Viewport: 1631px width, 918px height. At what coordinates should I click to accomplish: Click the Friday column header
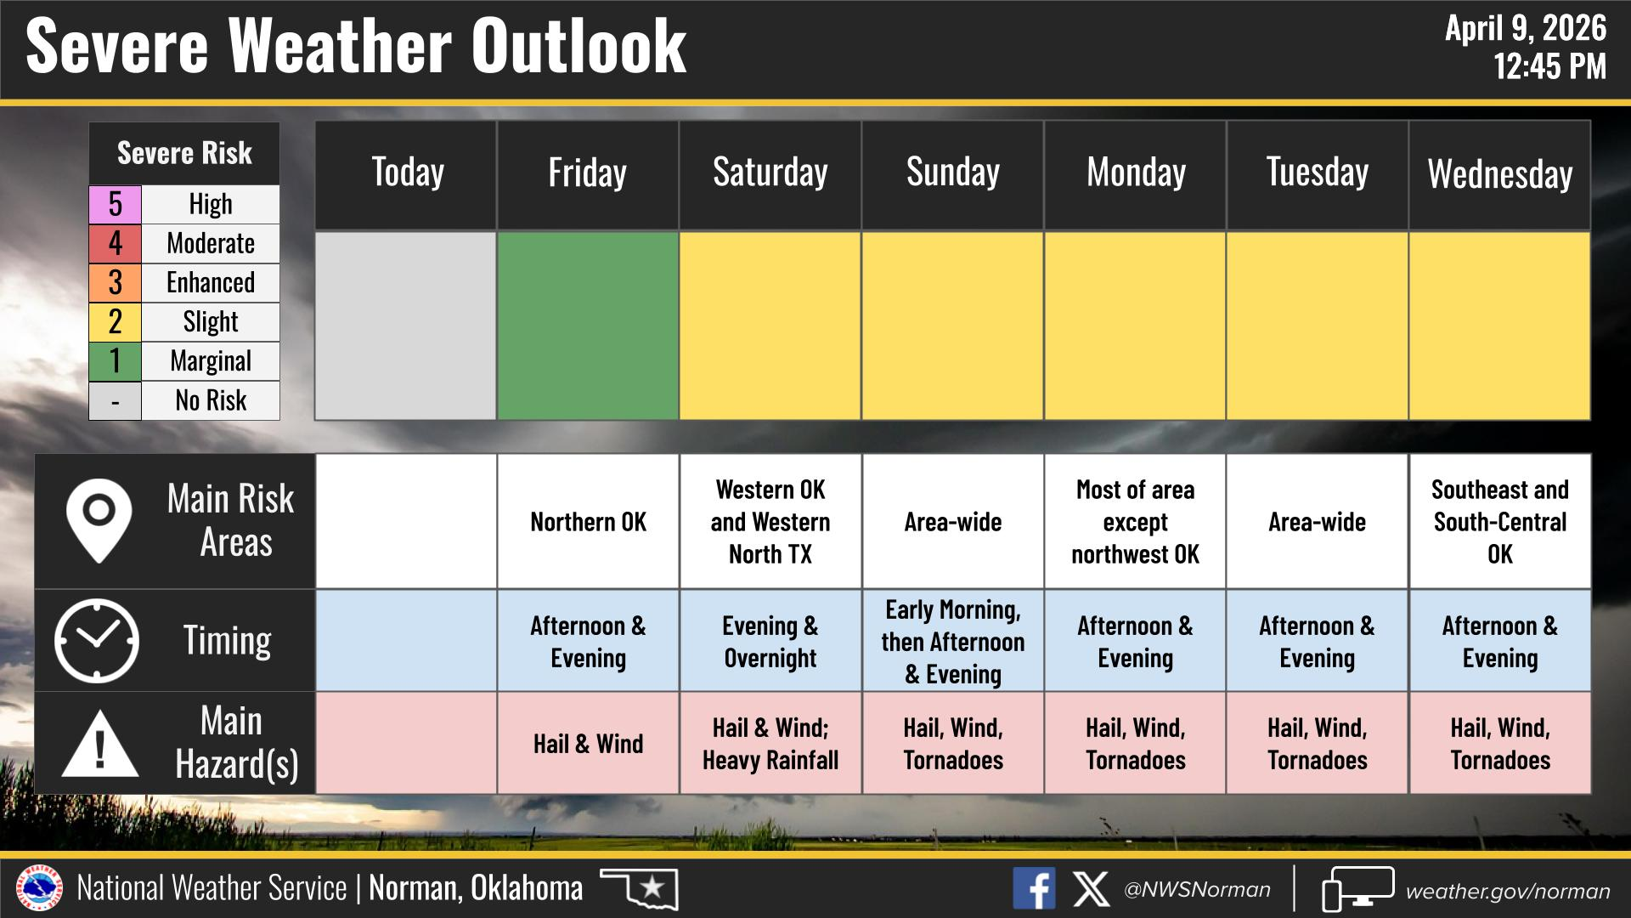(x=588, y=175)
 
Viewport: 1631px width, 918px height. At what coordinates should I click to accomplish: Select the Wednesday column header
(x=1499, y=175)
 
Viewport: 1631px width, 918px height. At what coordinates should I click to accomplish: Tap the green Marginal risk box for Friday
(x=588, y=326)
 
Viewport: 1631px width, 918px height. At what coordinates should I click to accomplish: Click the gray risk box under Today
(x=406, y=326)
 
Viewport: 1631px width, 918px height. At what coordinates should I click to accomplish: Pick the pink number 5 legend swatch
(x=116, y=204)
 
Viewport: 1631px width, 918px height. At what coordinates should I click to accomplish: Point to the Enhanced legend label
(x=211, y=282)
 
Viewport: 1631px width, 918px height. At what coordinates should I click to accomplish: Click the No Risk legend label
(x=211, y=400)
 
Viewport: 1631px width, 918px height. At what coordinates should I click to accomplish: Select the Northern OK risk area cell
(x=588, y=521)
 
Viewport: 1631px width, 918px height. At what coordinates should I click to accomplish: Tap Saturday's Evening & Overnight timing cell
(x=770, y=641)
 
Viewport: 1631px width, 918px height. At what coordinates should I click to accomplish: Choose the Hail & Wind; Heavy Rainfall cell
(x=770, y=744)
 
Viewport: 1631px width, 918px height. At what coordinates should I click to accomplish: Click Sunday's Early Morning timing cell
(x=953, y=641)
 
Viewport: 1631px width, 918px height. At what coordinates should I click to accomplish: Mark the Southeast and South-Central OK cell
(x=1499, y=521)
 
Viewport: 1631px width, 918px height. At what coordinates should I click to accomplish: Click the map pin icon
(x=99, y=520)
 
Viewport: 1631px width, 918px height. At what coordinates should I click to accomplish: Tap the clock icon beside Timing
(x=97, y=641)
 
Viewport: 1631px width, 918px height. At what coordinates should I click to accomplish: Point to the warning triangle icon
(x=100, y=744)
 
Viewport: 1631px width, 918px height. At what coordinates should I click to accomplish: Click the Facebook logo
(x=1034, y=889)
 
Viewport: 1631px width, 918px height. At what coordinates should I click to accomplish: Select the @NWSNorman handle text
(x=1197, y=890)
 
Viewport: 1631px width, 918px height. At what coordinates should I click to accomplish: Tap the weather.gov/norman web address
(x=1508, y=891)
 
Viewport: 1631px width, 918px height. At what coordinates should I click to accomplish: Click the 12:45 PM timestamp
(x=1550, y=66)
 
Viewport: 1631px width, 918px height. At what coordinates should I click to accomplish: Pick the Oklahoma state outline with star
(x=640, y=888)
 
